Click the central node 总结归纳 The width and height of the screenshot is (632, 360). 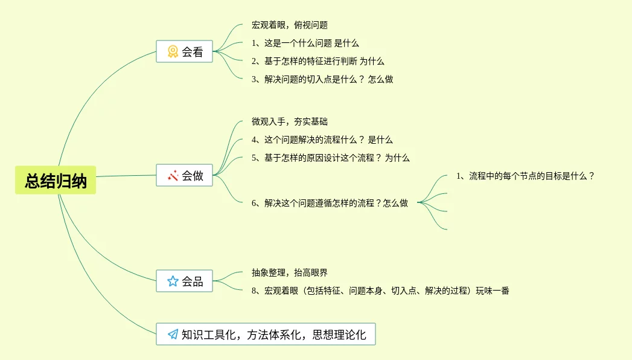coord(56,181)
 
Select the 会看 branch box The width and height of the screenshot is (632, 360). coord(185,52)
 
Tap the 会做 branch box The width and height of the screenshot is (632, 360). coord(185,176)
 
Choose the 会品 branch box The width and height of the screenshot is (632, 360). coord(185,281)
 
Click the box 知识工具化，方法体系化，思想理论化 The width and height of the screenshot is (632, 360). coord(266,334)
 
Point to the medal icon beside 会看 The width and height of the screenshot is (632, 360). coord(173,52)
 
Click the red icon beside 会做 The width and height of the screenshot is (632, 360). coord(173,176)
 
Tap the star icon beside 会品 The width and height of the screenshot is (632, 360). coord(173,281)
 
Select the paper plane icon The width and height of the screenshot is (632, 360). coord(173,334)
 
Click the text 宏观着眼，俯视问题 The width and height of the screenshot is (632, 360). coord(289,25)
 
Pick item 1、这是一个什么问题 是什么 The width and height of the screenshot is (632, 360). coord(305,43)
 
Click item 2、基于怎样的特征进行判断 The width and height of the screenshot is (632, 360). coord(318,62)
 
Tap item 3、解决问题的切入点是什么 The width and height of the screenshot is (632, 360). coord(322,80)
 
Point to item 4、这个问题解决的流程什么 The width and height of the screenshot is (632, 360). coord(322,140)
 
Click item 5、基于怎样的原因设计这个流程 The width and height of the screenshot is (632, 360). coord(330,158)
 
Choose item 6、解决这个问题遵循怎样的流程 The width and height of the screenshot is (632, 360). coord(330,204)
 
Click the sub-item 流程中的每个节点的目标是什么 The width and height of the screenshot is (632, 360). coord(525,176)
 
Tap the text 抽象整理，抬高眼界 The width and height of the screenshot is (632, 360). coord(289,273)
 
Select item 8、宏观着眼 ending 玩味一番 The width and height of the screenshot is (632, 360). coord(380,291)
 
